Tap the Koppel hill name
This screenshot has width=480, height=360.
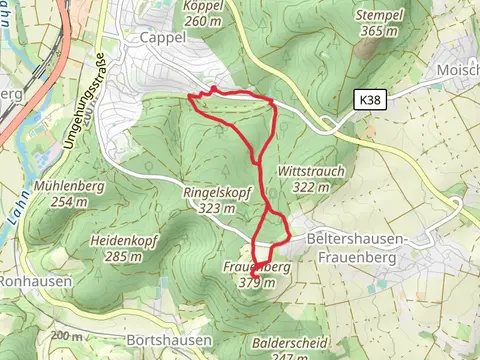(x=203, y=5)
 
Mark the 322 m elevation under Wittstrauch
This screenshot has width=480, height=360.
(x=312, y=187)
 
